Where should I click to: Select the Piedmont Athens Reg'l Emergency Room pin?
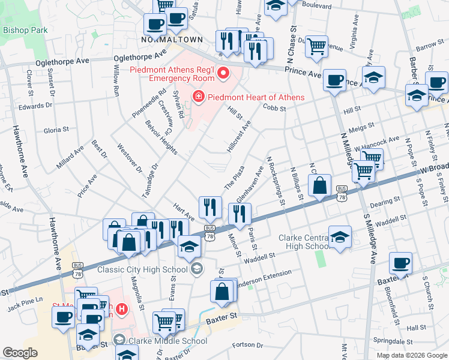click(224, 74)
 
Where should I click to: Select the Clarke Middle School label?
click(169, 341)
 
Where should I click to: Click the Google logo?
click(20, 352)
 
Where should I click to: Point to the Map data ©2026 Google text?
click(411, 355)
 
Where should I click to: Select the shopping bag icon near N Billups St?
click(321, 185)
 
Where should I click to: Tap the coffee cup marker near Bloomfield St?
click(400, 262)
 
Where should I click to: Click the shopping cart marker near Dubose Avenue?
click(316, 46)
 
